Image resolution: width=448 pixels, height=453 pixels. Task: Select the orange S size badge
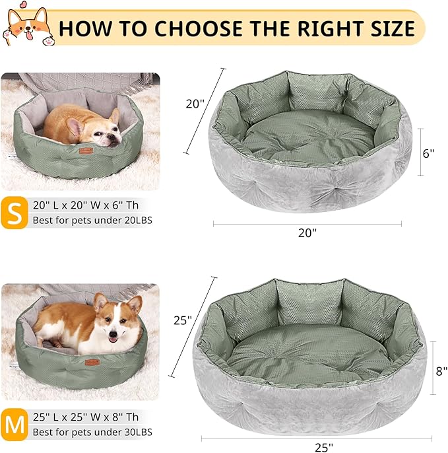[x=14, y=212]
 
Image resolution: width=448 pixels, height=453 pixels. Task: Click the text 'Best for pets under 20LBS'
[x=93, y=221]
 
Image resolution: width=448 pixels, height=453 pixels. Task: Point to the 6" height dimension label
[x=429, y=153]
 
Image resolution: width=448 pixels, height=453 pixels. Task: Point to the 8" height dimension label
[x=441, y=371]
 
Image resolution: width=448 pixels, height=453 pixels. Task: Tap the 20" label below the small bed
[x=307, y=234]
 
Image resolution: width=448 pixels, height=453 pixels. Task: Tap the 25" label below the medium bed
[x=323, y=447]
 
